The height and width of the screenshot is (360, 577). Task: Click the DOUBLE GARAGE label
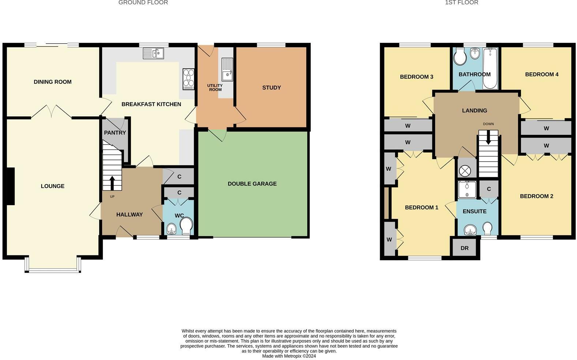(x=252, y=184)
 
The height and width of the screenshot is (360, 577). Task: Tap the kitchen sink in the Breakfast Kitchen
(x=153, y=53)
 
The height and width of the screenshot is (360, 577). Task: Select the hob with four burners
(x=188, y=79)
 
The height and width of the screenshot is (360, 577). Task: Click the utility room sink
(x=227, y=70)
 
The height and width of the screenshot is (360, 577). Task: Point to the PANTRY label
(x=115, y=132)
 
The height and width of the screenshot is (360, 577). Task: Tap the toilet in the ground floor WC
(x=186, y=226)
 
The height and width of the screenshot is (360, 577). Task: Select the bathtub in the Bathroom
(x=490, y=68)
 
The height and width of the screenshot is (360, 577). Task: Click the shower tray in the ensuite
(x=467, y=190)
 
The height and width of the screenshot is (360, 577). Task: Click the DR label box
(x=464, y=248)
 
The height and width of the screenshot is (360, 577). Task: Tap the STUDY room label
(x=271, y=87)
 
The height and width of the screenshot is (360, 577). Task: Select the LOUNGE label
(x=53, y=186)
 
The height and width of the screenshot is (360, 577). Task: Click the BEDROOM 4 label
(x=542, y=74)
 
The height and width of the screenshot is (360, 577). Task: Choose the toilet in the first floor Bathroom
(x=459, y=57)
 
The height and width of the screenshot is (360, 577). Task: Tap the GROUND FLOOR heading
(x=143, y=3)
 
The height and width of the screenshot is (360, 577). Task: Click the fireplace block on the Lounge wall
(x=10, y=186)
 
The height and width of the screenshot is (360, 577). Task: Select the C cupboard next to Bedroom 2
(x=488, y=189)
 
